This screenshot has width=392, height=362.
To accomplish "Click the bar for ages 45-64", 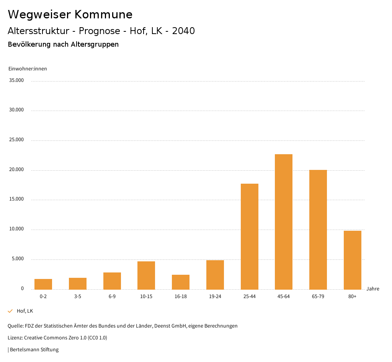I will [x=284, y=222].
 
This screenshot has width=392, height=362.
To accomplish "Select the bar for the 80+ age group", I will [x=353, y=260].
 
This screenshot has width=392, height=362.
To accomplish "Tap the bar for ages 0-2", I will [x=43, y=284].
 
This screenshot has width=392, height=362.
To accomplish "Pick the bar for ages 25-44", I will [x=250, y=236].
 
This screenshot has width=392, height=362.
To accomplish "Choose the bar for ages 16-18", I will [x=181, y=282].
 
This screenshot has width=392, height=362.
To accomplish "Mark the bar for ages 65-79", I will [x=318, y=230].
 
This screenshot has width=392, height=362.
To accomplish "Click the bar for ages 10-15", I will [x=146, y=276].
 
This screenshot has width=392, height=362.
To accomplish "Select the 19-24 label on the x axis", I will [x=215, y=297].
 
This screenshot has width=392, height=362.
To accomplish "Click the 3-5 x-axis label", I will [x=78, y=297].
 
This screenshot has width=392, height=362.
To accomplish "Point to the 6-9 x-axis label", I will [x=112, y=297].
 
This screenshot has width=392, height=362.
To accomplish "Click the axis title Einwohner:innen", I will [x=28, y=69].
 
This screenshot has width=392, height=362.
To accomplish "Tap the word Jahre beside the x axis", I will [x=373, y=289].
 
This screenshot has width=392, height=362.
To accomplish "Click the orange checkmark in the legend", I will [x=10, y=311].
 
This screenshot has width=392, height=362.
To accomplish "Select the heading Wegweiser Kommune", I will [x=70, y=15].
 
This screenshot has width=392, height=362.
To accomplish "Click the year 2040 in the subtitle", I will [x=183, y=31].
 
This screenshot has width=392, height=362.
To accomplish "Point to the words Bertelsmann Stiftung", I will [x=34, y=349].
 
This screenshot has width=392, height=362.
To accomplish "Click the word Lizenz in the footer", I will [x=15, y=338].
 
